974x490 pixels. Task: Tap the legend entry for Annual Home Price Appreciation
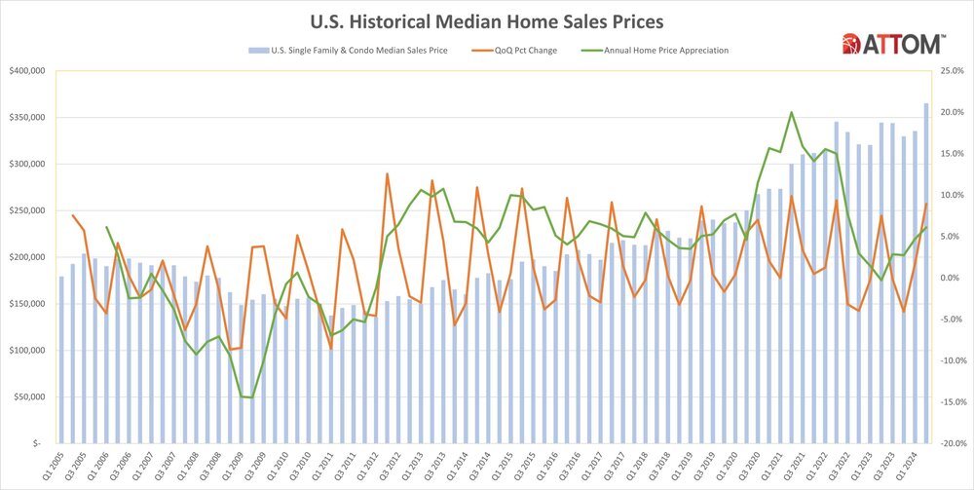tap(673, 50)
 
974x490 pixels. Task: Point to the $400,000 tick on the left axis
tap(32, 71)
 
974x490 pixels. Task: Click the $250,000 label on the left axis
tap(32, 210)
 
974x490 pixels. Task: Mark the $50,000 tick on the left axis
tap(34, 396)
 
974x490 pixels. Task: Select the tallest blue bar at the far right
tap(926, 273)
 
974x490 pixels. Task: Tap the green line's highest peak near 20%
tap(791, 113)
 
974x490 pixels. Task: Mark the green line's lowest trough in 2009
tap(251, 397)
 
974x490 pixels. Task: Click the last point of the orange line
tap(926, 204)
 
